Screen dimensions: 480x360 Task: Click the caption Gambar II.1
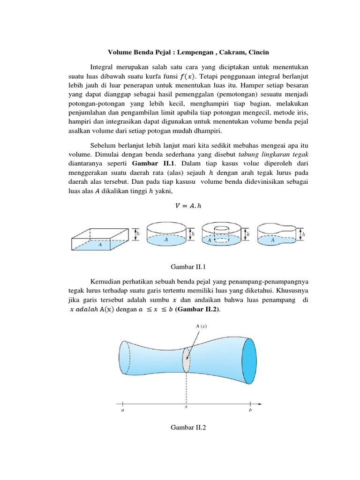[x=180, y=267]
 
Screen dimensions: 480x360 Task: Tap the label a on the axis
[x=122, y=410]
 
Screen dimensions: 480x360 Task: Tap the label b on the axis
[x=250, y=410]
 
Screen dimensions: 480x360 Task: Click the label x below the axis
[x=186, y=407]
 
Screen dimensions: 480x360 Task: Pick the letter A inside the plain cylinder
[x=166, y=239]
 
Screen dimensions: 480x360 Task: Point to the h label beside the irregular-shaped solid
[x=304, y=233]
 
